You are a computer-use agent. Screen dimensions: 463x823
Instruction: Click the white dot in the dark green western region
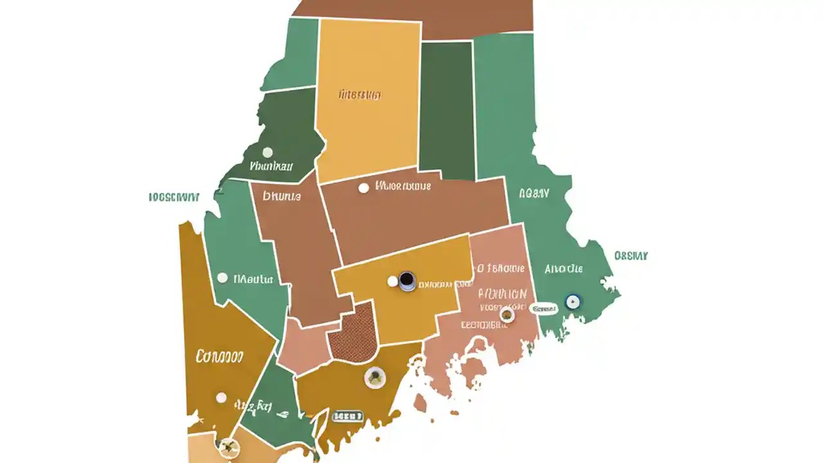(x=267, y=152)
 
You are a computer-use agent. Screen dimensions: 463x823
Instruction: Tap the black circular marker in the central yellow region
(x=406, y=280)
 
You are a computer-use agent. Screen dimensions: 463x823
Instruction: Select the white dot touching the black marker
(x=392, y=281)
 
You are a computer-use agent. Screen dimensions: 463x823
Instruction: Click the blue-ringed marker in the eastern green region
(x=572, y=301)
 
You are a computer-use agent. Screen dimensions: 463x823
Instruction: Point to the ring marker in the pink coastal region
(x=507, y=314)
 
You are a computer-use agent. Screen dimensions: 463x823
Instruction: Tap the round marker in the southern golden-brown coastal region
(x=374, y=377)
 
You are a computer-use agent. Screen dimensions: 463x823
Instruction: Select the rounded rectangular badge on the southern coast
(x=347, y=416)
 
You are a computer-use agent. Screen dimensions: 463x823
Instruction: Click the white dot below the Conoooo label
(x=221, y=397)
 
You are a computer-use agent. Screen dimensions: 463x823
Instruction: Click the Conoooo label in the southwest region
(x=219, y=355)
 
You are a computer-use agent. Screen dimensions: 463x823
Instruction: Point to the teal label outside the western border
(x=174, y=197)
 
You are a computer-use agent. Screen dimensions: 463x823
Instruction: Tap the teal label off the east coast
(x=631, y=255)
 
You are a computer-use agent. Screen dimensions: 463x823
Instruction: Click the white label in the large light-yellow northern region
(x=359, y=95)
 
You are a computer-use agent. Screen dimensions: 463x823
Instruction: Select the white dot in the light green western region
(x=222, y=278)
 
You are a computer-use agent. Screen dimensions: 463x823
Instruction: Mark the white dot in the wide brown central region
(x=363, y=188)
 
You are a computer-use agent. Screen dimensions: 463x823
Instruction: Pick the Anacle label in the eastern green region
(x=563, y=269)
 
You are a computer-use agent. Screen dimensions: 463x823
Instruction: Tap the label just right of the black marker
(x=444, y=284)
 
